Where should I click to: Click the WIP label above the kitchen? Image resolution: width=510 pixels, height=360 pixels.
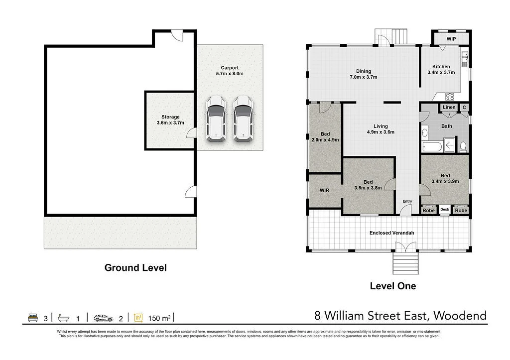point(451,39)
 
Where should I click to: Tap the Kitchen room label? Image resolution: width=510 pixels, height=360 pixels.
point(441,67)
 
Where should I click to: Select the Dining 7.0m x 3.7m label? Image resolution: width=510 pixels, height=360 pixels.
point(363,74)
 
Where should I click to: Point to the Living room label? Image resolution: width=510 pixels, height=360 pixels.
point(381,126)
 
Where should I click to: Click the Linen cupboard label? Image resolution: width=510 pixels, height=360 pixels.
point(449,108)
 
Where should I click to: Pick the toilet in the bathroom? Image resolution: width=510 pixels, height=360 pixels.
point(463,146)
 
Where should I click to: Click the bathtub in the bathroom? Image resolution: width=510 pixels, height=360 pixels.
point(432,147)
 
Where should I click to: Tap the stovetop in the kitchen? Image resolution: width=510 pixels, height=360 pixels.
point(450,96)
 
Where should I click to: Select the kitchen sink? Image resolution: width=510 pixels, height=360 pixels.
point(465,59)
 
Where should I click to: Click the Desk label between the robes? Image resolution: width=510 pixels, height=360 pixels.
point(445,210)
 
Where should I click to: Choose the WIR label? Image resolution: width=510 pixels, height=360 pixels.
point(324,191)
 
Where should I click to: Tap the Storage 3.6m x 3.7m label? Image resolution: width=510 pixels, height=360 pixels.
point(170,120)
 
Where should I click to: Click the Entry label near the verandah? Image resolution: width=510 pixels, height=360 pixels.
point(407,201)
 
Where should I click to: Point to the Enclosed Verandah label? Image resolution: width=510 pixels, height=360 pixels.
point(391,233)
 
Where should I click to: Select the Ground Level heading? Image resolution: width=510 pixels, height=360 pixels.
point(135,268)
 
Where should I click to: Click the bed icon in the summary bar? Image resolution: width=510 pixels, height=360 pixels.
point(33,318)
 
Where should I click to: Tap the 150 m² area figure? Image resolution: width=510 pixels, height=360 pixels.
point(159,318)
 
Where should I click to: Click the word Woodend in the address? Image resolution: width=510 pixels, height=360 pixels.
point(460,316)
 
